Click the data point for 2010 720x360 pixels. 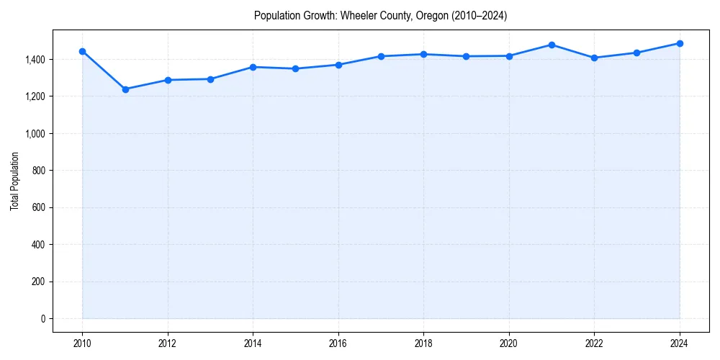(82, 51)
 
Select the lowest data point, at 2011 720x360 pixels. (125, 89)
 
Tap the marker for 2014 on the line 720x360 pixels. (253, 67)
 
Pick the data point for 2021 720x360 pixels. (552, 45)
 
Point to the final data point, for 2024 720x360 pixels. (680, 43)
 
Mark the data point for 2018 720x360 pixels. (423, 54)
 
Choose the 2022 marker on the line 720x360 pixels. (594, 58)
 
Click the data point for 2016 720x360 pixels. (338, 65)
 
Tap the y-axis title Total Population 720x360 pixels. (14, 181)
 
